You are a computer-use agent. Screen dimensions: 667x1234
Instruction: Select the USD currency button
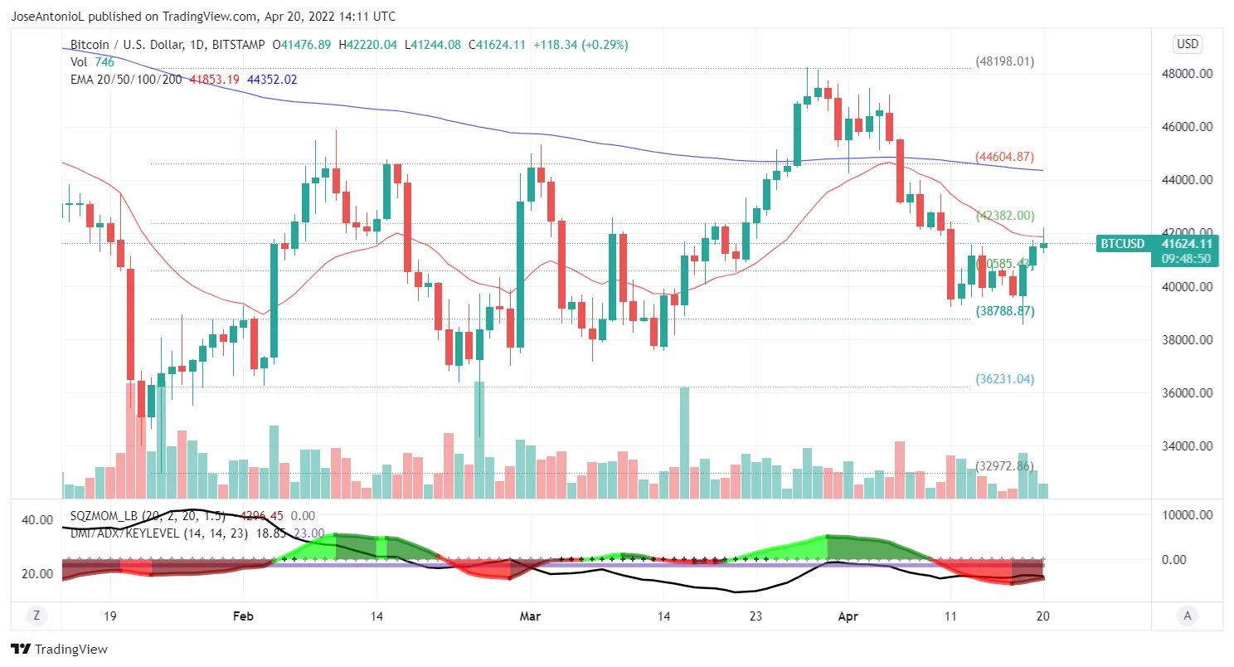[1188, 44]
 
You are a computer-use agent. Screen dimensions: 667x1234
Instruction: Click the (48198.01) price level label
[1003, 61]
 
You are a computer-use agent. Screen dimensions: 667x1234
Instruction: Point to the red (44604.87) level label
[1003, 157]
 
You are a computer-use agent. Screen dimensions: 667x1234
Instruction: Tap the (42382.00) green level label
[1004, 216]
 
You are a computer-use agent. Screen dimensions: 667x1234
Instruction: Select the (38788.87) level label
[1004, 311]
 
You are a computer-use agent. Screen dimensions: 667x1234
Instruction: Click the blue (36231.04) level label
[1003, 379]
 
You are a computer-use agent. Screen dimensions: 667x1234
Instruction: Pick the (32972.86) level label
[1003, 466]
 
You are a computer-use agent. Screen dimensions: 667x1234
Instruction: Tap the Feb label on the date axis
[243, 616]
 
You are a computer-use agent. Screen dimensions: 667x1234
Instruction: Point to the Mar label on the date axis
[529, 616]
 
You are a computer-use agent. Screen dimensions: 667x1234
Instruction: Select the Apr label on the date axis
[848, 616]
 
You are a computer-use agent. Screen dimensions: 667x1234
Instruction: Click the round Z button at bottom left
[36, 616]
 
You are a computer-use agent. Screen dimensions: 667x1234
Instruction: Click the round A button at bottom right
[1188, 616]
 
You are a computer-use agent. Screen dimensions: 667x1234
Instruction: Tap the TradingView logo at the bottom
[59, 650]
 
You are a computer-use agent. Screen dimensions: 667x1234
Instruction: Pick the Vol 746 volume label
[91, 61]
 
